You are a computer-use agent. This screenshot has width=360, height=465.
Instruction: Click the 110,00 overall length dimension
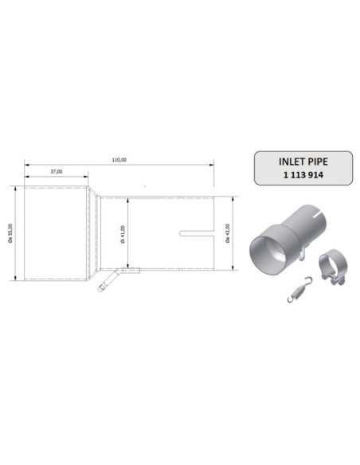119,159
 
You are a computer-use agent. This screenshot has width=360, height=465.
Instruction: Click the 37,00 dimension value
57,171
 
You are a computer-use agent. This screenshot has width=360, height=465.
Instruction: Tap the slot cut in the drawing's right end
195,233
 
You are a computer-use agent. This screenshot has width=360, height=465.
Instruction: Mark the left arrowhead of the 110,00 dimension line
26,165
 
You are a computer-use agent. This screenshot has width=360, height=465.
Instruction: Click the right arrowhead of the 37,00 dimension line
87,177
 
